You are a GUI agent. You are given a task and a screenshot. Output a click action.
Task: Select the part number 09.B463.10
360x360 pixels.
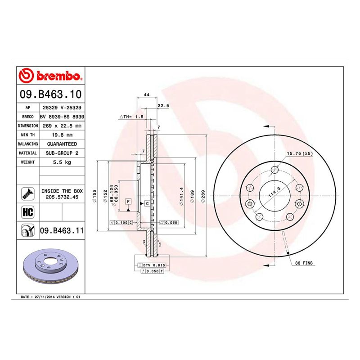(x=51, y=94)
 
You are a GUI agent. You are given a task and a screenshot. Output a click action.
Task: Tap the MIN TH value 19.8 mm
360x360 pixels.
(x=62, y=135)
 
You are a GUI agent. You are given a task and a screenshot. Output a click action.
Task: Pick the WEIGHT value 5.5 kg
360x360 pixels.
(x=62, y=162)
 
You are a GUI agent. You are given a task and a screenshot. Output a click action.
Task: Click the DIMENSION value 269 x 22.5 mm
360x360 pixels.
(x=62, y=126)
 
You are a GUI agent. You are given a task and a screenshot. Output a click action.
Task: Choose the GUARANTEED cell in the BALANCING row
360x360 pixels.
(x=62, y=144)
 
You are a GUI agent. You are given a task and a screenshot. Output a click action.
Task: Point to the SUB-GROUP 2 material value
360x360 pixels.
(x=62, y=153)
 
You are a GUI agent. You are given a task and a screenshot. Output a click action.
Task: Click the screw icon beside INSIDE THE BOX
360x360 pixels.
(x=28, y=194)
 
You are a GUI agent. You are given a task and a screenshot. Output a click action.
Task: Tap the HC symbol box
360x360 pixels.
(x=28, y=212)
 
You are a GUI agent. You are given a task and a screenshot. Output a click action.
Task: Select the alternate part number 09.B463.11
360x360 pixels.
(x=62, y=230)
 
